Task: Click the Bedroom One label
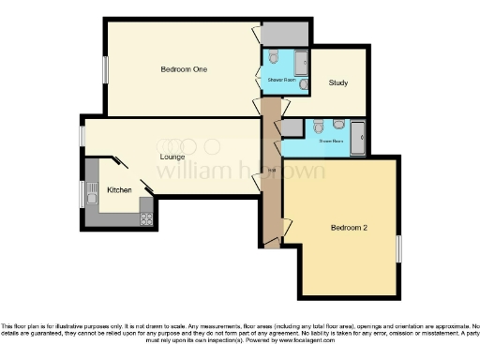tap(184, 69)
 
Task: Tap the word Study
tap(338, 83)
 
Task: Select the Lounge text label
tap(171, 157)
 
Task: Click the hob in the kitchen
tap(147, 217)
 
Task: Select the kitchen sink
tap(92, 196)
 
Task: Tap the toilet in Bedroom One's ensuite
tap(273, 59)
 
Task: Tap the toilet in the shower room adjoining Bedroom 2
tap(320, 127)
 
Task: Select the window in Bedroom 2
tap(398, 248)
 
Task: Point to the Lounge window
tap(82, 136)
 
